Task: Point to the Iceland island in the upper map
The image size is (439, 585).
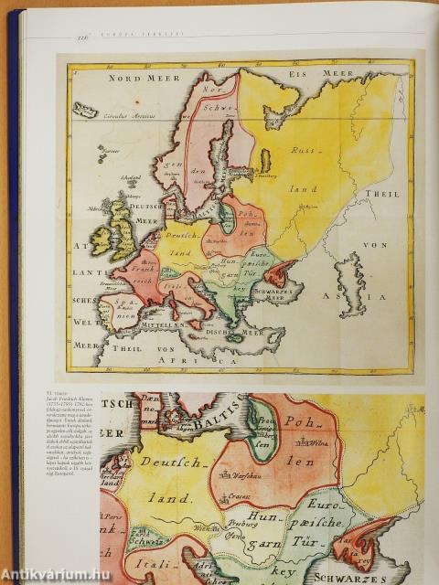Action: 85,110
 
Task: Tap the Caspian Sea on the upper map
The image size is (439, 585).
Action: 349,283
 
